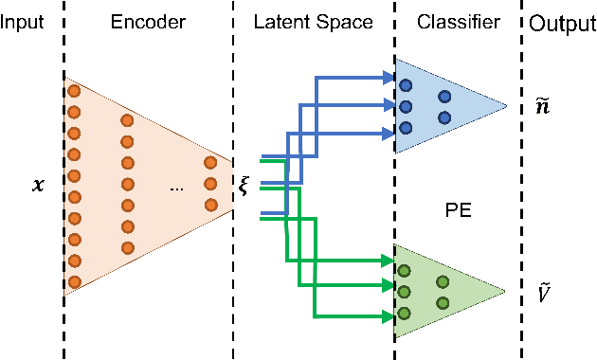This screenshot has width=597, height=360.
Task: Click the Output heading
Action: [562, 22]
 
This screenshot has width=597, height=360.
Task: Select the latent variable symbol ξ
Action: [244, 185]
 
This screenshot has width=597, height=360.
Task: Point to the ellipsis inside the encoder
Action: [176, 189]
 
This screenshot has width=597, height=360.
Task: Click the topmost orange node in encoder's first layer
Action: [74, 91]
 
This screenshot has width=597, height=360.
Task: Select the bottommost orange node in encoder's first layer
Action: [74, 281]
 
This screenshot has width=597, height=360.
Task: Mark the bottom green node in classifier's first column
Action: [406, 314]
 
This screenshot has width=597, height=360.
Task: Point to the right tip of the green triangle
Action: [508, 291]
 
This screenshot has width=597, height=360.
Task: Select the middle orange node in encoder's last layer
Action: [210, 184]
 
